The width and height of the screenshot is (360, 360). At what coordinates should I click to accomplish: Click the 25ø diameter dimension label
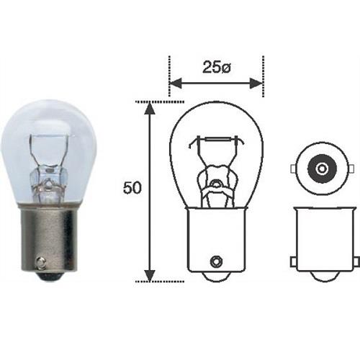tap(216, 68)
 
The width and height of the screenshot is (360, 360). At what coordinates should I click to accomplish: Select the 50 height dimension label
tap(132, 189)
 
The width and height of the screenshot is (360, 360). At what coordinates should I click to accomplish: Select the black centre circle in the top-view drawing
tap(320, 169)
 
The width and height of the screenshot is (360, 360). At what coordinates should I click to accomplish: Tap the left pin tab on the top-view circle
tap(293, 169)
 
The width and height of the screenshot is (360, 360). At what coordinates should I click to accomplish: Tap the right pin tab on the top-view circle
tap(346, 169)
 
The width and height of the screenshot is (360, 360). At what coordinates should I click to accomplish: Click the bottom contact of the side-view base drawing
tap(320, 277)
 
